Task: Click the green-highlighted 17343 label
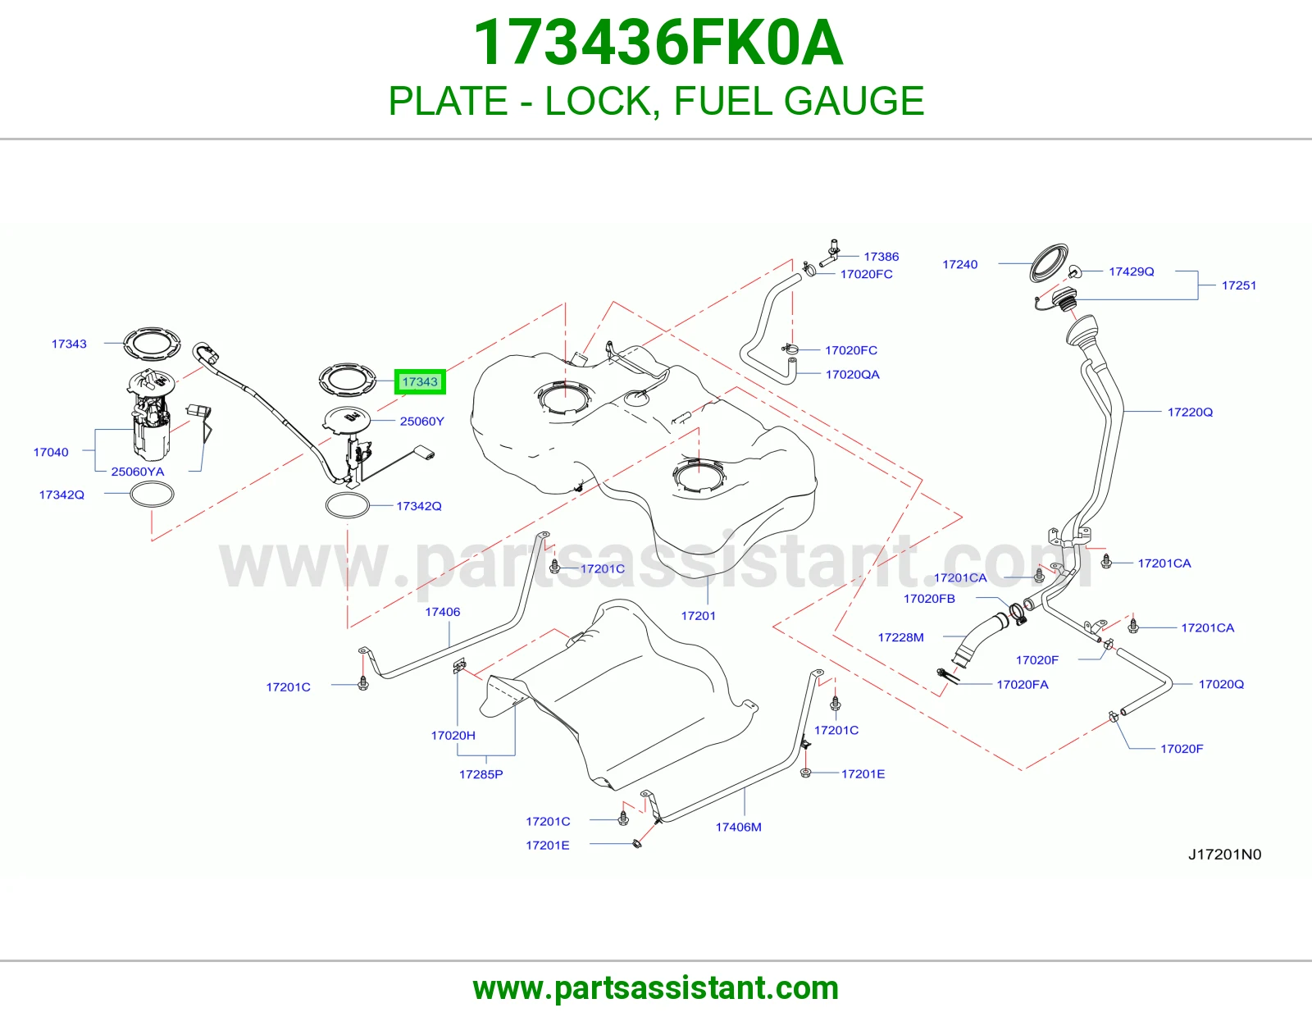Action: pyautogui.click(x=420, y=381)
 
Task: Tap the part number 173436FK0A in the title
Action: pyautogui.click(x=658, y=43)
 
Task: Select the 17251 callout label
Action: pyautogui.click(x=1238, y=285)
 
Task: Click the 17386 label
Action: pyautogui.click(x=881, y=257)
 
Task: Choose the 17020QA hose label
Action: pyautogui.click(x=852, y=375)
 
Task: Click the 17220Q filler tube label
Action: pyautogui.click(x=1190, y=412)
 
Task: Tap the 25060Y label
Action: pyautogui.click(x=421, y=422)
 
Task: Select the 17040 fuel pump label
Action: pyautogui.click(x=51, y=453)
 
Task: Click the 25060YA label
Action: pyautogui.click(x=137, y=472)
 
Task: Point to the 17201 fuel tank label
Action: pyautogui.click(x=698, y=616)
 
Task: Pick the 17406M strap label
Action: pyautogui.click(x=738, y=828)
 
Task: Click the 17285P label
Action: pyautogui.click(x=481, y=774)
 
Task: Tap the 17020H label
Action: pyautogui.click(x=453, y=736)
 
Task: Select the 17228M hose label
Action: pyautogui.click(x=900, y=637)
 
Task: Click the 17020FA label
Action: pyautogui.click(x=1023, y=684)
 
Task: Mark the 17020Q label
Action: pyautogui.click(x=1221, y=684)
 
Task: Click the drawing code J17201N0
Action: pyautogui.click(x=1224, y=855)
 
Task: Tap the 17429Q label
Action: pyautogui.click(x=1131, y=271)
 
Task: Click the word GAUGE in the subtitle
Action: pyautogui.click(x=854, y=101)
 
